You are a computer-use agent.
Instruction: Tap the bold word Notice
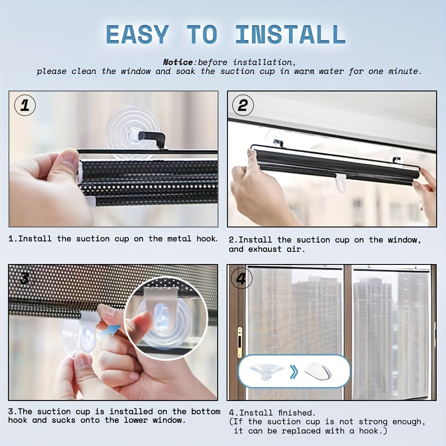pyautogui.click(x=178, y=62)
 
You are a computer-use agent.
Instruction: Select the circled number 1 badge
pyautogui.click(x=25, y=106)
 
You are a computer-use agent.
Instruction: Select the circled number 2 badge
pyautogui.click(x=243, y=106)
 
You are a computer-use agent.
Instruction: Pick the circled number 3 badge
pyautogui.click(x=25, y=279)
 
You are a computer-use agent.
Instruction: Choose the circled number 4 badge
pyautogui.click(x=241, y=279)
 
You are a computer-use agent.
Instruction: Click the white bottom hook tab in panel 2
pyautogui.click(x=341, y=183)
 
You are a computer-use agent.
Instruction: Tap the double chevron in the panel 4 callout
pyautogui.click(x=293, y=372)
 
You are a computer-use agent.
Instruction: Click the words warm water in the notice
pyautogui.click(x=317, y=71)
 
